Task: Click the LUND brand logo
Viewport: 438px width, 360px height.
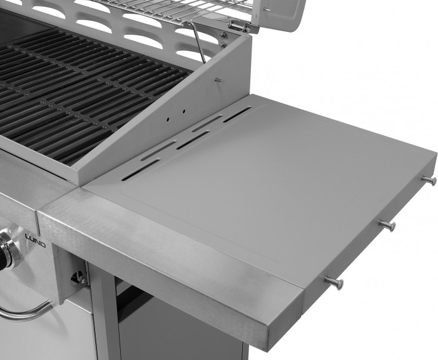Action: click(x=36, y=240)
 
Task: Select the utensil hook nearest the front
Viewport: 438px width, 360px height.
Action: click(x=334, y=283)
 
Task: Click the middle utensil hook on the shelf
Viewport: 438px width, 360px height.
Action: click(x=388, y=225)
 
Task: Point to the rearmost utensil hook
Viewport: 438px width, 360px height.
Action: click(x=429, y=180)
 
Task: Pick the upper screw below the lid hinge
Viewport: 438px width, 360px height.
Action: click(x=223, y=35)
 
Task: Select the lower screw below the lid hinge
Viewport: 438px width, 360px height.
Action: click(x=222, y=44)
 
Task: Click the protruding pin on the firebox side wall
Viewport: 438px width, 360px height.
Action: click(x=218, y=81)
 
